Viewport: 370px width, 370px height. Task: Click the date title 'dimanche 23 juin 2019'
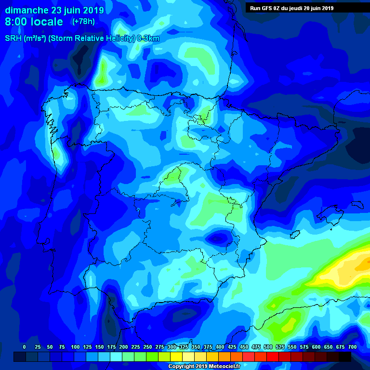[x=51, y=10]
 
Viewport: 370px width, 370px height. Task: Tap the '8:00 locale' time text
[x=34, y=22]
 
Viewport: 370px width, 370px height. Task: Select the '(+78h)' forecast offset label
[x=83, y=22]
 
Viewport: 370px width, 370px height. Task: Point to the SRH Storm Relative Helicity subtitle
[x=82, y=39]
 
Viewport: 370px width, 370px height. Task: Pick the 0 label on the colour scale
[x=24, y=347]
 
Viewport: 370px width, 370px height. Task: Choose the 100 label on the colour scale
[x=75, y=347]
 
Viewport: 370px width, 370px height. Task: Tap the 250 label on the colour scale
[x=147, y=347]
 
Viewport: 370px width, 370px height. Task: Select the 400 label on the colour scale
[x=220, y=347]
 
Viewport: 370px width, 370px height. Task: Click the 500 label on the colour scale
[x=268, y=347]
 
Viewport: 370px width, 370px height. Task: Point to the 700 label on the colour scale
[x=352, y=347]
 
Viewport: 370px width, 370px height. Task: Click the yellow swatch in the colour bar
[x=176, y=357]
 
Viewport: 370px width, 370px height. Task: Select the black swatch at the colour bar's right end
[x=345, y=357]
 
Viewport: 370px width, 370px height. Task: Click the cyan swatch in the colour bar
[x=116, y=357]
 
